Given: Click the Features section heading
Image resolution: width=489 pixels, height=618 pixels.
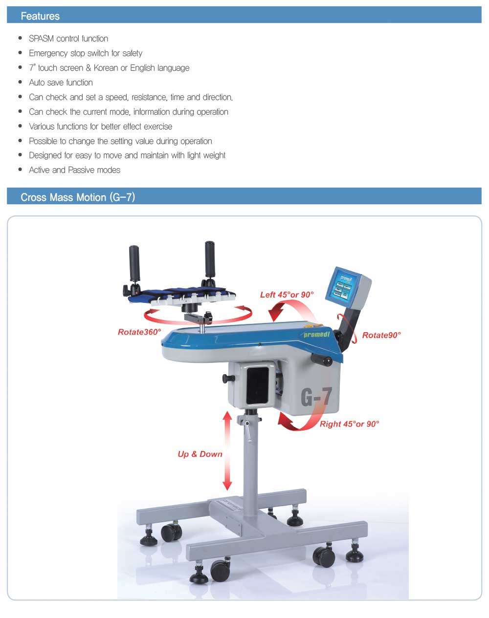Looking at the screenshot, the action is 40,16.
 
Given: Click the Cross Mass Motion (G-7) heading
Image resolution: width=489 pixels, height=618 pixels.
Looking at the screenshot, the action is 78,197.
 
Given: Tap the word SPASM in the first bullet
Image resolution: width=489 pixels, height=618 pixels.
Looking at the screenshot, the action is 41,39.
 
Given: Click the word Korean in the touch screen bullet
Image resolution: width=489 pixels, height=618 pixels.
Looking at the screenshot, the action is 106,68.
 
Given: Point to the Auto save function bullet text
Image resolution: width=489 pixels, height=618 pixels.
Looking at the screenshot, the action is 61,83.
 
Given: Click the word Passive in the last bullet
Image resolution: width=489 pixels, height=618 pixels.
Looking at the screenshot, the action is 80,170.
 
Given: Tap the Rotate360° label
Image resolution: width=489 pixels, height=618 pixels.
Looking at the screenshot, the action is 139,332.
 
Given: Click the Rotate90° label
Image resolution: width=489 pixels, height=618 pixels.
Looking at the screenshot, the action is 381,335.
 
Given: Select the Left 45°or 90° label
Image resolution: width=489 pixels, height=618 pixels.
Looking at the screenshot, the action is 287,295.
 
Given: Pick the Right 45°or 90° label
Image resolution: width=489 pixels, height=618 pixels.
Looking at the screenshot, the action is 350,424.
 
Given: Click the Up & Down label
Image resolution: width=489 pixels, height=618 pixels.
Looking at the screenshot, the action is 200,454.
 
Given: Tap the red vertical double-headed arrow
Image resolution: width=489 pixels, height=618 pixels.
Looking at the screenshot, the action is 227,450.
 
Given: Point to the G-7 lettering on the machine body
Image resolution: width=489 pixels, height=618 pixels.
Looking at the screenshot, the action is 316,397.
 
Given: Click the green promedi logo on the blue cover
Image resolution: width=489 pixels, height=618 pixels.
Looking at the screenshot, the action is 317,334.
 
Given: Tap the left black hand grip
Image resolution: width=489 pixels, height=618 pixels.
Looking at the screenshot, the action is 134,263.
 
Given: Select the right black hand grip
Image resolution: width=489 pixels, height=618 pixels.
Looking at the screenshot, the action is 210,259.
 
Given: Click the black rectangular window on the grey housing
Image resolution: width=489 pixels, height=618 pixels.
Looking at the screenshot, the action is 258,385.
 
